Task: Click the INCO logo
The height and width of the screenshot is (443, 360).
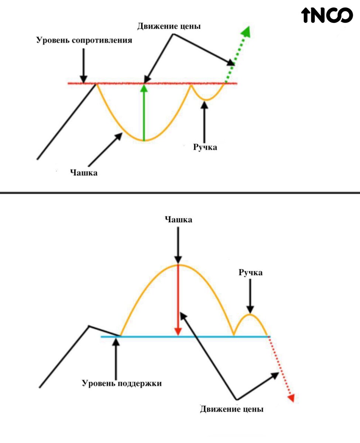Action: click(x=327, y=15)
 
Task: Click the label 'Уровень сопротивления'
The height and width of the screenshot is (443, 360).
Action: click(x=84, y=40)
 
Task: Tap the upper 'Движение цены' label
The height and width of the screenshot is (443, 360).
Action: click(x=169, y=27)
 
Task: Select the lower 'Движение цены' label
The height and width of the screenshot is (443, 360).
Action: click(x=232, y=409)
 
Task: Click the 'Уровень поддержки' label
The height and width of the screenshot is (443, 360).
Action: click(x=122, y=383)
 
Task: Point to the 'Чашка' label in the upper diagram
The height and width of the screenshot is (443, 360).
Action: click(x=84, y=173)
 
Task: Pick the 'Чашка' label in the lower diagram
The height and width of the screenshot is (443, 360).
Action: click(x=178, y=220)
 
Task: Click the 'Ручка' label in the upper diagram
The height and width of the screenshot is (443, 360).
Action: click(x=205, y=147)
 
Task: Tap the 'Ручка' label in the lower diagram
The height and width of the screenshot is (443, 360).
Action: click(x=250, y=272)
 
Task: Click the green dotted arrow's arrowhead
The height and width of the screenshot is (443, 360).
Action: click(x=246, y=32)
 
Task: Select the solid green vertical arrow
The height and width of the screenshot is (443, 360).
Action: click(x=144, y=113)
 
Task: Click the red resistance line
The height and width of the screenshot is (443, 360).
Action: click(x=152, y=83)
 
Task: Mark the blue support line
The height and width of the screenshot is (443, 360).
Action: click(x=185, y=337)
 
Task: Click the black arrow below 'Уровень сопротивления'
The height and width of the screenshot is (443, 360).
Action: click(x=83, y=66)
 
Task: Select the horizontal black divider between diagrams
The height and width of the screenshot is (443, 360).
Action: click(x=180, y=193)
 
